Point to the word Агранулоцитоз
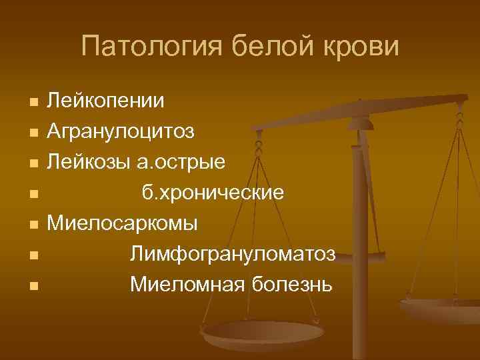121,131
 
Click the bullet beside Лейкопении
33,103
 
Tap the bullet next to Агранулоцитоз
33,133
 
